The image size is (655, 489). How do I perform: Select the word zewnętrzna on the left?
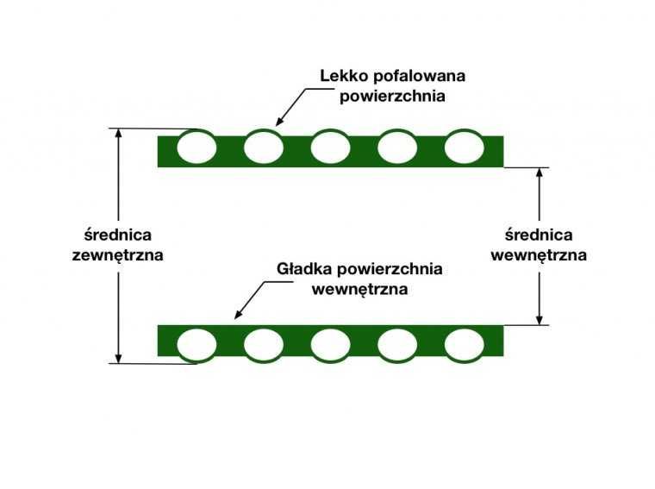click(x=118, y=255)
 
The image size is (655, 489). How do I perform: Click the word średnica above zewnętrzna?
click(x=118, y=235)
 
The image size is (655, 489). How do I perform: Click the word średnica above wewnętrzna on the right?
click(x=539, y=235)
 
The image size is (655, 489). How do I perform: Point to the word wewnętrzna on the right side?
click(x=539, y=255)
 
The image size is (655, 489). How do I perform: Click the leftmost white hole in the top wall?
click(x=196, y=147)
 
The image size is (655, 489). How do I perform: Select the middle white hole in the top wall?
click(x=330, y=147)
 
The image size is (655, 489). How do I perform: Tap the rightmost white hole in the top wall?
click(x=464, y=147)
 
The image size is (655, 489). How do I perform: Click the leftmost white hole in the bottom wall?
click(x=196, y=344)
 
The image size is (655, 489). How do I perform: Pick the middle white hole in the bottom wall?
click(x=330, y=344)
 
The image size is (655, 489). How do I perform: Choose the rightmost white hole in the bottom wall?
click(x=464, y=344)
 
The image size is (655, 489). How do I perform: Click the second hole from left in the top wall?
click(x=264, y=147)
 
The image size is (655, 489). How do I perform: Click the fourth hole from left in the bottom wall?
click(x=397, y=344)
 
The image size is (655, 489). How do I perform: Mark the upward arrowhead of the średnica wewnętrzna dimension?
click(x=539, y=172)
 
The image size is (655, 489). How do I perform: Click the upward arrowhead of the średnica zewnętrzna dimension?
click(x=119, y=135)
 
